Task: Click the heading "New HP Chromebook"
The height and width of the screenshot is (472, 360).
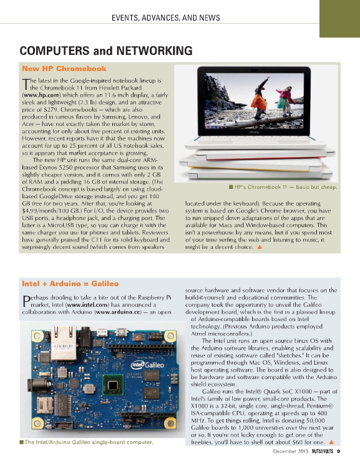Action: click(x=64, y=69)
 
